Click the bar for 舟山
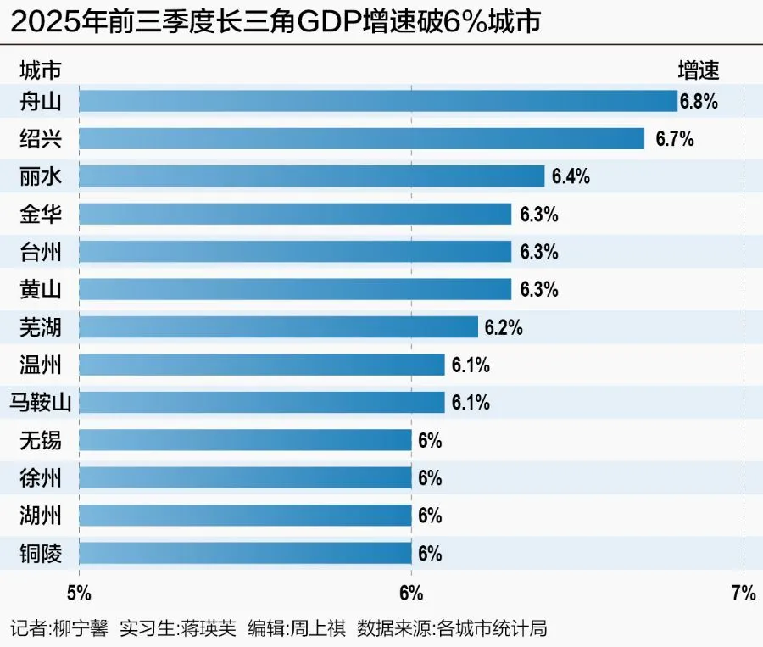(x=377, y=101)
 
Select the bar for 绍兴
(x=361, y=138)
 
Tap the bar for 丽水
(x=311, y=176)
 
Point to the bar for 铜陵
(x=245, y=554)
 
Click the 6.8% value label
(x=699, y=102)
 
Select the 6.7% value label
(x=675, y=139)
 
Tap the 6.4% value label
(x=571, y=177)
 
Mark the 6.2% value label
(x=504, y=327)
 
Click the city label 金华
(x=41, y=214)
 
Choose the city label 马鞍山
(x=41, y=402)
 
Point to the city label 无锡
(x=41, y=440)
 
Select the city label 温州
(x=41, y=365)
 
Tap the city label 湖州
(x=41, y=516)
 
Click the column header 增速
(x=699, y=70)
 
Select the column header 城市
(x=40, y=70)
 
